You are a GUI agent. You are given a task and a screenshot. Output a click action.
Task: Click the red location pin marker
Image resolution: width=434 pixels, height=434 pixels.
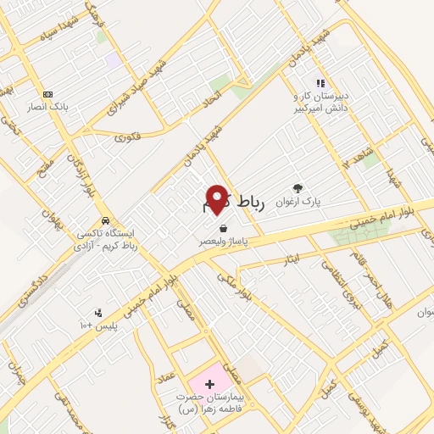point(217,199)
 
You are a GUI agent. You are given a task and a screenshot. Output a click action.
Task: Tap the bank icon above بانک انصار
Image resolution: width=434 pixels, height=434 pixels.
point(47,94)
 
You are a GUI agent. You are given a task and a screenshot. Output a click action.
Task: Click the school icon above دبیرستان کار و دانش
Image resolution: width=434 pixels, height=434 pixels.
point(320,83)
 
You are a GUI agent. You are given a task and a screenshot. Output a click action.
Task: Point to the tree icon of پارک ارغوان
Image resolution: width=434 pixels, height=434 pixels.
point(298,188)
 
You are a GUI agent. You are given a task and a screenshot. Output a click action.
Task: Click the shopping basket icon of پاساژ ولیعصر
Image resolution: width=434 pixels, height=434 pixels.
point(223,228)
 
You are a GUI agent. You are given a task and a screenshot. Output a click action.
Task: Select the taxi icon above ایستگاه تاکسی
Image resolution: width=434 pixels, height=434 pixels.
point(105,220)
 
